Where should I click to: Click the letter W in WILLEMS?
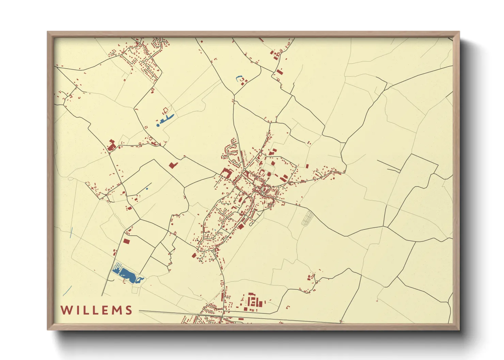point(66,310)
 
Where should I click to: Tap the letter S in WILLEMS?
point(129,310)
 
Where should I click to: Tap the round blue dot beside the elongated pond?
point(158,125)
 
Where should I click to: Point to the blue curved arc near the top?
point(238,78)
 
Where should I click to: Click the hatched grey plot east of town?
point(307,218)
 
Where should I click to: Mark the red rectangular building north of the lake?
point(126,241)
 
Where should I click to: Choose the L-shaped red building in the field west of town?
point(173,165)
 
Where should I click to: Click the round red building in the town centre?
point(269,174)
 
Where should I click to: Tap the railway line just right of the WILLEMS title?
point(153,312)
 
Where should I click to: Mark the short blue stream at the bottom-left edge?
point(67,291)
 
